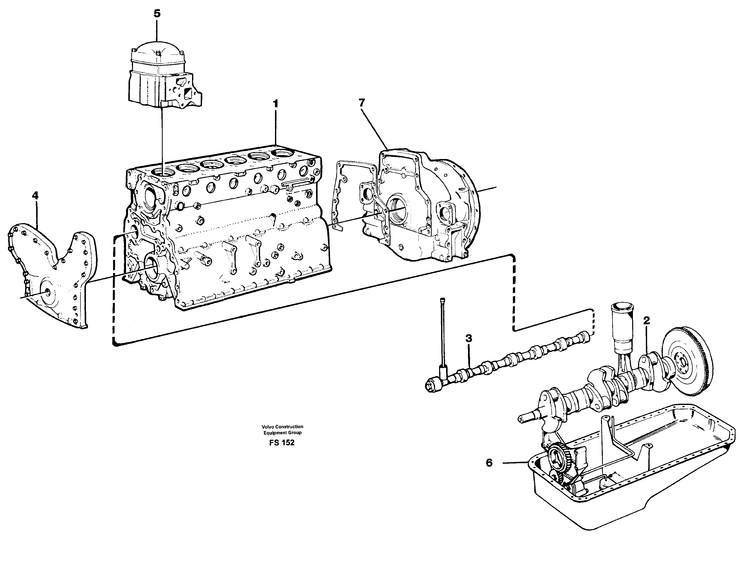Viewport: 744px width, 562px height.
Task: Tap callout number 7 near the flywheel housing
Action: click(362, 103)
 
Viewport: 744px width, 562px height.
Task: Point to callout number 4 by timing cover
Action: click(35, 195)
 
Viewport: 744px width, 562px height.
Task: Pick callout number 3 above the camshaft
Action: click(469, 338)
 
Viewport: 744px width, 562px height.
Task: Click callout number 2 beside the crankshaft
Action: click(646, 321)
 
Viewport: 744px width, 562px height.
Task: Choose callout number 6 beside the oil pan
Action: click(489, 463)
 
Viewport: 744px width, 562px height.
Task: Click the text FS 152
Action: click(282, 443)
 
